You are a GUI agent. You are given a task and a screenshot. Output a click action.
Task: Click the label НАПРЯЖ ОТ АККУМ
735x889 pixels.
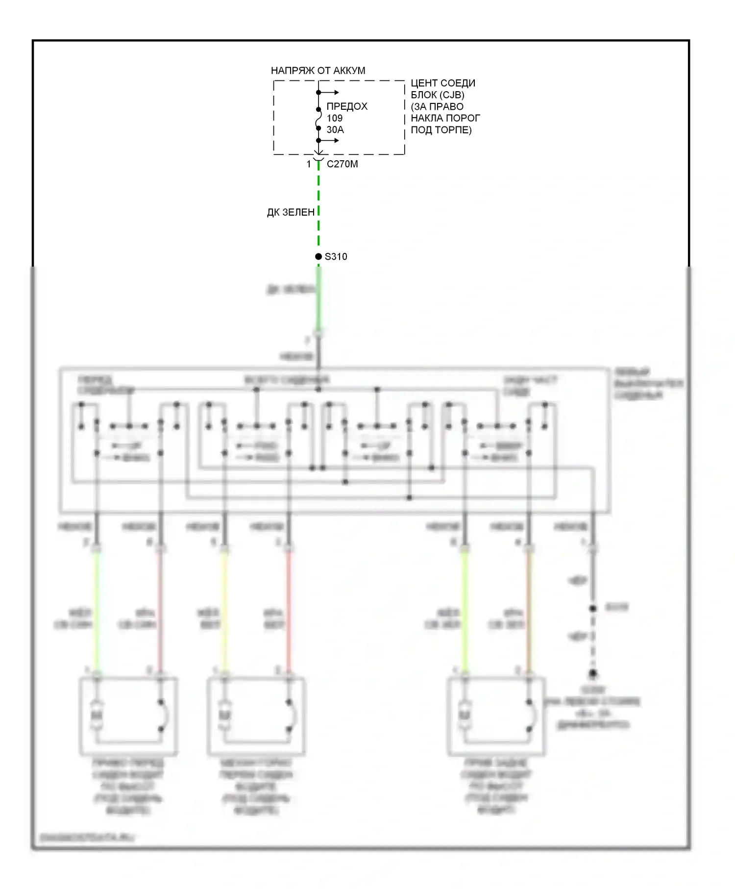point(318,71)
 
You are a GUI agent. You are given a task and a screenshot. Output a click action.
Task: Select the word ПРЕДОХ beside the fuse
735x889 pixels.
point(347,106)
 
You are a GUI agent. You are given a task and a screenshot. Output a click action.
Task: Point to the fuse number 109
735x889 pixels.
point(335,118)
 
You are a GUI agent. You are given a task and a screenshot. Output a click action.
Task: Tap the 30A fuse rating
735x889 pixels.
point(335,130)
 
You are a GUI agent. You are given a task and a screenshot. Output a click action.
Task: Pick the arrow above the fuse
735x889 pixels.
point(330,92)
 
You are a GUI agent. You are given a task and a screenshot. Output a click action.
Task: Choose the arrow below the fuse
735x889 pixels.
point(330,141)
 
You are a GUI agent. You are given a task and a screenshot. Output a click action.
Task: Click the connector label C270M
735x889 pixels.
point(342,164)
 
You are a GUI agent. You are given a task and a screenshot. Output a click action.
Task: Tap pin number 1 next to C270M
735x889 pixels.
point(309,164)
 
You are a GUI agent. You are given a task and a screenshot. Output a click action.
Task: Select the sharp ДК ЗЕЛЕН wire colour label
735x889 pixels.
point(291,212)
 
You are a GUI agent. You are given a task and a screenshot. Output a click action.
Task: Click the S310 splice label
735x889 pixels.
point(336,256)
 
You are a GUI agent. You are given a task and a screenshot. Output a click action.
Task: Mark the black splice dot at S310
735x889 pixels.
point(318,256)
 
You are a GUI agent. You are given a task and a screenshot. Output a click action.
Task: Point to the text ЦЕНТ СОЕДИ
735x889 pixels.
point(443,83)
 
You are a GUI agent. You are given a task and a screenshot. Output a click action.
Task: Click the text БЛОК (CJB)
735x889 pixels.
point(438,95)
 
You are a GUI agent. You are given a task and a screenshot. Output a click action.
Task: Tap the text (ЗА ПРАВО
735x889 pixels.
point(437,106)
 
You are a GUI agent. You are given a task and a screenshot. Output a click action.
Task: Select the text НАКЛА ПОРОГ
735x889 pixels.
point(445,118)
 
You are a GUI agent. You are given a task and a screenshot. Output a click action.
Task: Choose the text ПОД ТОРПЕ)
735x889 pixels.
point(441,130)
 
